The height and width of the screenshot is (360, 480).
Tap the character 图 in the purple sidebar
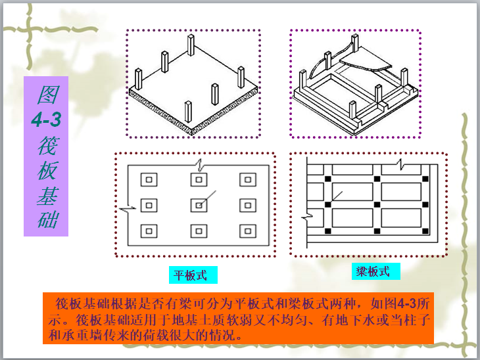coord(45,96)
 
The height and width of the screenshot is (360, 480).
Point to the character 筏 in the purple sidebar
coord(45,145)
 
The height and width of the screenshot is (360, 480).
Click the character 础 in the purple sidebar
coord(45,219)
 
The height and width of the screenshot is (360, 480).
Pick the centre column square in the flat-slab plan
coord(199,205)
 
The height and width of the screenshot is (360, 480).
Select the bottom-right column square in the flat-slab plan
coord(248,231)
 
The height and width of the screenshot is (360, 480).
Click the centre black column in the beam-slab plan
coord(376,205)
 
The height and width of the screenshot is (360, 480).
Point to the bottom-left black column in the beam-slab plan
coord(327,231)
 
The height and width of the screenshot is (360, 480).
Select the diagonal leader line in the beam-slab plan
coord(337,193)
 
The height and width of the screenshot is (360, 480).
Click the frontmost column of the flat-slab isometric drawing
coord(188,112)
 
